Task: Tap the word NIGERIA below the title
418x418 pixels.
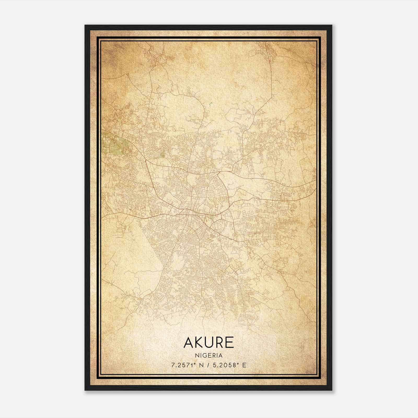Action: pos(208,356)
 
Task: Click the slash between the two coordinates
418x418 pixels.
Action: pos(208,365)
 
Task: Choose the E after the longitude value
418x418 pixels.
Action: pos(244,365)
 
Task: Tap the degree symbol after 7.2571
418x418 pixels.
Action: pos(195,364)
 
